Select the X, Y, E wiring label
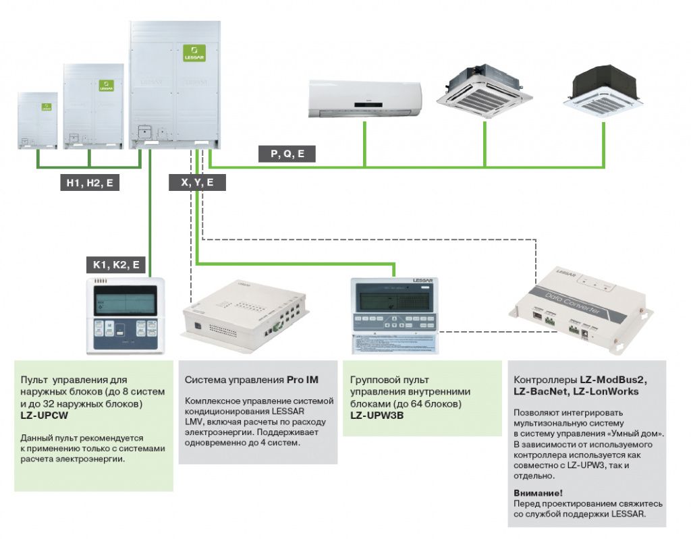(197, 182)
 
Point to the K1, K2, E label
(115, 265)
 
